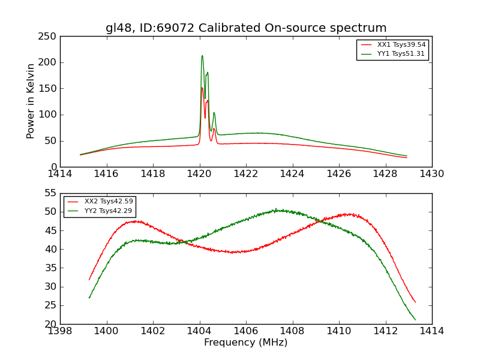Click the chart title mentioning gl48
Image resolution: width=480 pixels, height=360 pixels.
click(246, 28)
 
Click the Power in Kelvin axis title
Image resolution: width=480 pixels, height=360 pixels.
click(31, 101)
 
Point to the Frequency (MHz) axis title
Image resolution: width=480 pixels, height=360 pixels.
click(246, 343)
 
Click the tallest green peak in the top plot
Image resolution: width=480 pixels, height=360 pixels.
click(202, 56)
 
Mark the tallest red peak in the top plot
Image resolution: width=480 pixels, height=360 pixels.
click(202, 88)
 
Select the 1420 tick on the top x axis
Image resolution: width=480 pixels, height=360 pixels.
click(199, 173)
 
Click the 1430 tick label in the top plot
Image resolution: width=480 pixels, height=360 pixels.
click(432, 173)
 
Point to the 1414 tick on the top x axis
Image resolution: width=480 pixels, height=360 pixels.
click(60, 173)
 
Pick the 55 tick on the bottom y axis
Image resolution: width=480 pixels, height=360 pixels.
click(53, 193)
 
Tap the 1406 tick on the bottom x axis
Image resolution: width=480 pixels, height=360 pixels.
click(246, 331)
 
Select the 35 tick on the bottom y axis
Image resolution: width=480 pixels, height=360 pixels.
click(53, 268)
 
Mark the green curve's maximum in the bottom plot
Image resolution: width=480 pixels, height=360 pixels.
click(277, 209)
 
